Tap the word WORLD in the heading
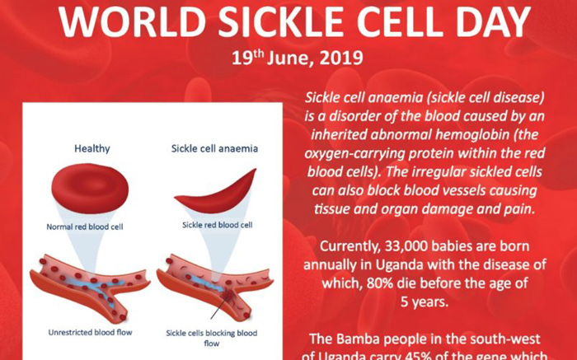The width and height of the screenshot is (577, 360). tap(132, 21)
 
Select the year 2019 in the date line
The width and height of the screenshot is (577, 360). tap(341, 58)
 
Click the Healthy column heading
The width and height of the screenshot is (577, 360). tap(92, 148)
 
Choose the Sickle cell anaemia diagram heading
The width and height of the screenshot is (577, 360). tap(214, 148)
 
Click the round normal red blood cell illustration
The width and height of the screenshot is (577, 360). tap(90, 189)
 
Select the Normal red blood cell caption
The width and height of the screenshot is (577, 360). tap(85, 227)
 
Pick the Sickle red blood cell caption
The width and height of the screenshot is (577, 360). tap(217, 225)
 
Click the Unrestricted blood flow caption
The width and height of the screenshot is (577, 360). tap(90, 333)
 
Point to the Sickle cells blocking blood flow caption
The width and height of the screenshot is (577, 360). tap(212, 338)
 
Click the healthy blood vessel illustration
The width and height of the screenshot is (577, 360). tap(90, 287)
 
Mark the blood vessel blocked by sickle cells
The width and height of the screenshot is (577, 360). tap(215, 287)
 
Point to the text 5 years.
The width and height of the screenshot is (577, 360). tap(425, 302)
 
